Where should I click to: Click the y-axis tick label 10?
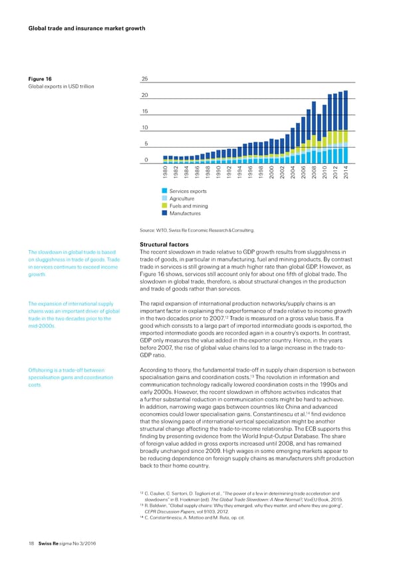[144, 127]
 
